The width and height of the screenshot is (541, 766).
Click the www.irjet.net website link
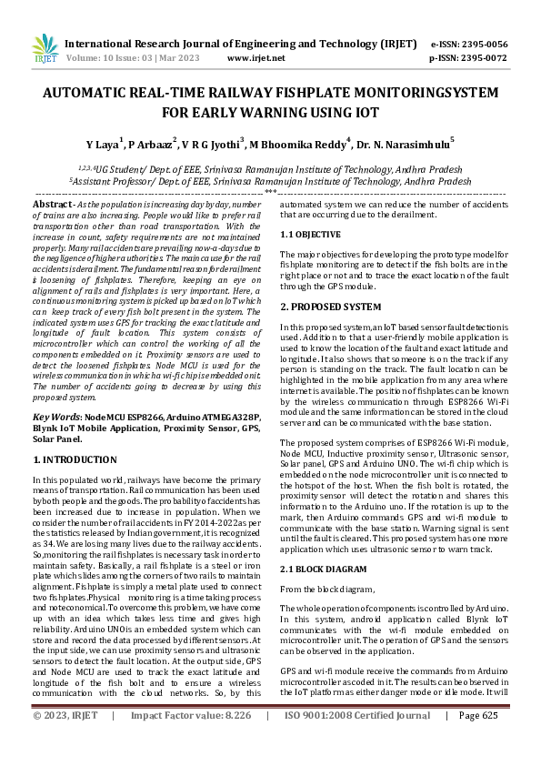tap(255, 57)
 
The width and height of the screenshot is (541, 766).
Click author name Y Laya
tap(105, 145)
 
